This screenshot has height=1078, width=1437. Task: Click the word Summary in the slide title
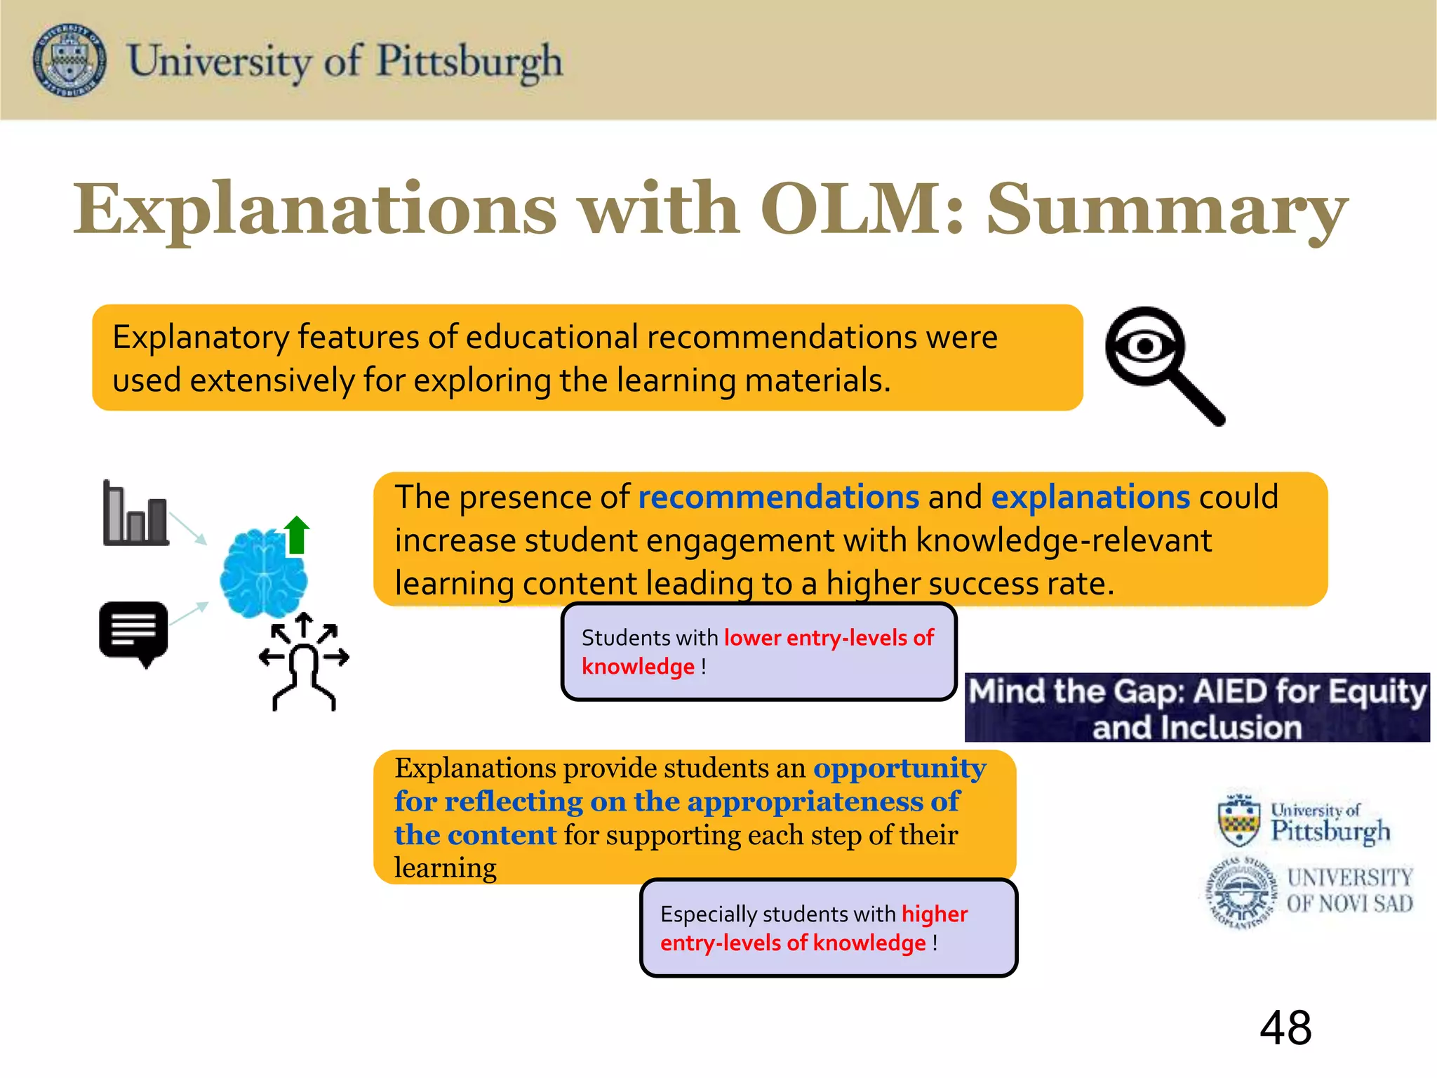tap(1167, 209)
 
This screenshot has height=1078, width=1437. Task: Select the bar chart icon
tap(135, 514)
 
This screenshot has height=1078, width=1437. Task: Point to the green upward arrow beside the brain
tap(297, 535)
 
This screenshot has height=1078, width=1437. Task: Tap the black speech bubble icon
tap(134, 632)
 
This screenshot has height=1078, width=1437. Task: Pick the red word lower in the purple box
tap(752, 638)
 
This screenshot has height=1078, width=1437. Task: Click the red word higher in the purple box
tap(934, 914)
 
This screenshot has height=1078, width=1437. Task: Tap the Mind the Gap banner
tap(1197, 707)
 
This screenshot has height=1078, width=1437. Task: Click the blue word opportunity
tap(900, 768)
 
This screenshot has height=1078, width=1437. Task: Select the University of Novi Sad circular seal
tap(1241, 892)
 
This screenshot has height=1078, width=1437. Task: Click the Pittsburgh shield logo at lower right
tap(1240, 820)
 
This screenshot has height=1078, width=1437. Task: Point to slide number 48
tap(1285, 1028)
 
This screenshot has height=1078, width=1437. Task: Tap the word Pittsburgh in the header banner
tap(469, 62)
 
